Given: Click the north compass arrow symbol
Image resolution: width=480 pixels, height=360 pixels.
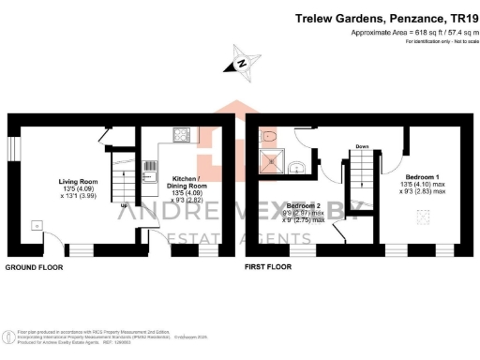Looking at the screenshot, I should click(x=239, y=65).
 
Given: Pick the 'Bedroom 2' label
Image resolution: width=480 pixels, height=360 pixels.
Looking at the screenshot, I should click(x=306, y=205).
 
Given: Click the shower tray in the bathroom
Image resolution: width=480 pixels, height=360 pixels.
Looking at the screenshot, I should click(x=272, y=163).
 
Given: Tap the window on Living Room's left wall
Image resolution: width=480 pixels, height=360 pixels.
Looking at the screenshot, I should click(x=13, y=148).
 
